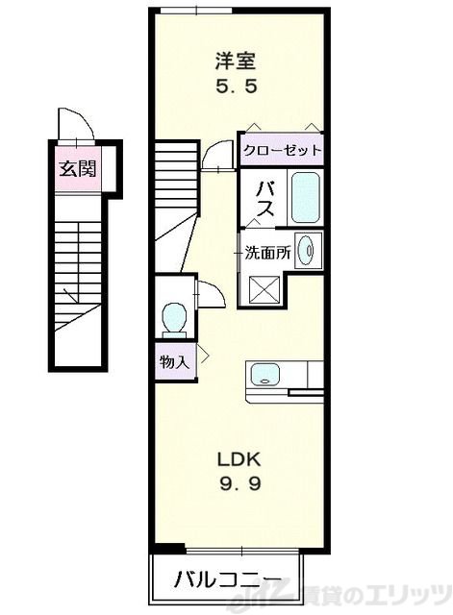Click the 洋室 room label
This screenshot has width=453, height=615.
pyautogui.click(x=236, y=61)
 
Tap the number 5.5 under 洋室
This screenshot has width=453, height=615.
pyautogui.click(x=237, y=86)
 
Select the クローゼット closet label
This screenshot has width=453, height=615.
pyautogui.click(x=282, y=150)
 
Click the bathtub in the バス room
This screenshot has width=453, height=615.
pyautogui.click(x=306, y=197)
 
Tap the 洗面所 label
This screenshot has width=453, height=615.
pyautogui.click(x=267, y=253)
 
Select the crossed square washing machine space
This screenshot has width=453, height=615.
pyautogui.click(x=264, y=290)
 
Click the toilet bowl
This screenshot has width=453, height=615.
pyautogui.click(x=174, y=318)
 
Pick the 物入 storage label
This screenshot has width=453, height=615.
pyautogui.click(x=174, y=362)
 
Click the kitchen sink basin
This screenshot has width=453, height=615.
pyautogui.click(x=264, y=374)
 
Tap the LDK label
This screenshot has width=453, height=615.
pyautogui.click(x=239, y=459)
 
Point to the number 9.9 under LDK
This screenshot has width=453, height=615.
pyautogui.click(x=239, y=484)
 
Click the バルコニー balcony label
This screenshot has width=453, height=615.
pyautogui.click(x=228, y=579)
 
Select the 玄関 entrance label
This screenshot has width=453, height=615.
pyautogui.click(x=78, y=169)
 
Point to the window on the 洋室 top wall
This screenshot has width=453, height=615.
pyautogui.click(x=189, y=11)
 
